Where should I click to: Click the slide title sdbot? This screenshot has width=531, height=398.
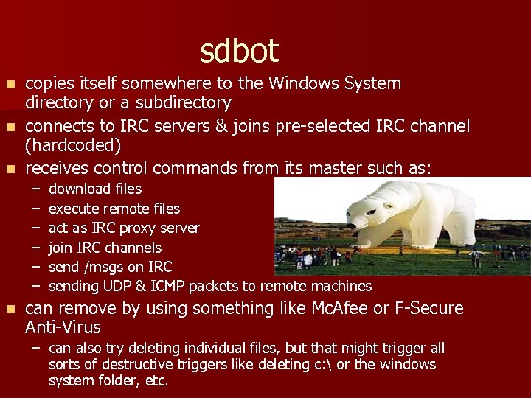coord(239,52)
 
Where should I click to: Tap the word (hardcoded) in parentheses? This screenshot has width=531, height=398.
coord(73,145)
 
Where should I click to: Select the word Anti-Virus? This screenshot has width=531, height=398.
coord(63,327)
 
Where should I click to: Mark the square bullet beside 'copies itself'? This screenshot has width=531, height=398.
coord(10,84)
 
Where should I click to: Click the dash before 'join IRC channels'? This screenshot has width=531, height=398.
coord(35,248)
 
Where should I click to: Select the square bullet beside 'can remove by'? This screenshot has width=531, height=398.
coord(10,309)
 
